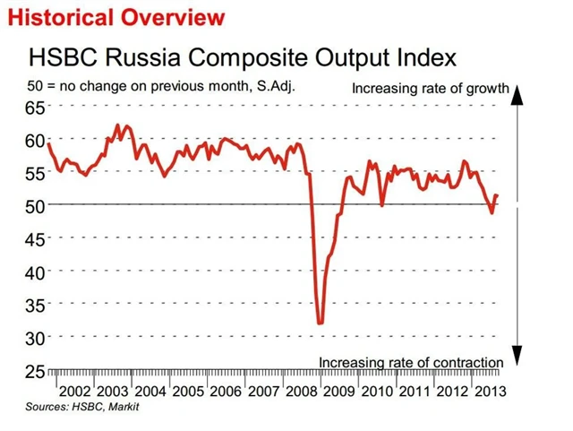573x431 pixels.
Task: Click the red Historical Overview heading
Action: click(115, 16)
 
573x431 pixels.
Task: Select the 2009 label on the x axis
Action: click(337, 392)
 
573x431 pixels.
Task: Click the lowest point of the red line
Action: click(320, 323)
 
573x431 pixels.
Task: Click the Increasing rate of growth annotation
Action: click(430, 89)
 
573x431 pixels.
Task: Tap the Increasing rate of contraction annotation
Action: click(411, 362)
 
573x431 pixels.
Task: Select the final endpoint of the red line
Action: click(498, 195)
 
